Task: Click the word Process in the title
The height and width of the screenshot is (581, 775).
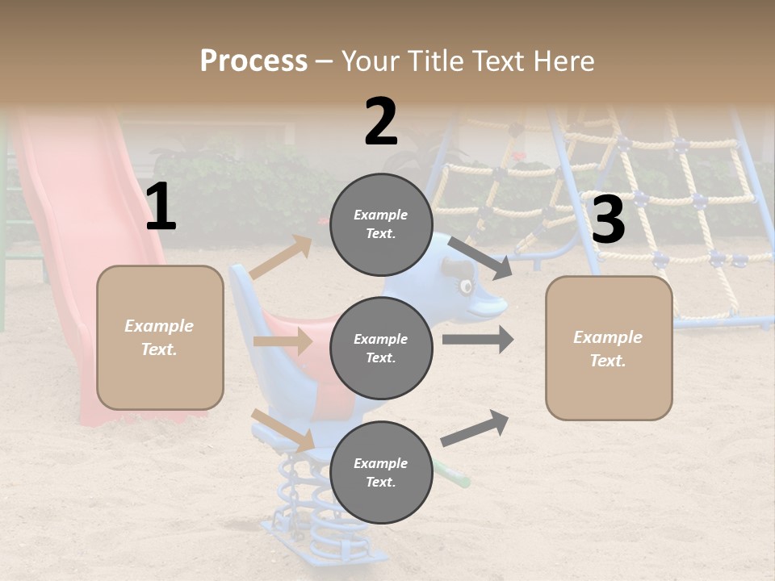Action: (x=253, y=61)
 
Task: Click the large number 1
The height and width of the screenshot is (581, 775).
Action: (x=161, y=207)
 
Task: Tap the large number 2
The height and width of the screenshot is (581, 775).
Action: (x=381, y=122)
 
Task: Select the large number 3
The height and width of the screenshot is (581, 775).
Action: (x=608, y=219)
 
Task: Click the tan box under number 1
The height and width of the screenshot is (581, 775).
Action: (x=160, y=337)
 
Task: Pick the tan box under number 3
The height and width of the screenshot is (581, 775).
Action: (x=609, y=348)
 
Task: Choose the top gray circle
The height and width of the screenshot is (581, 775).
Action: (x=381, y=224)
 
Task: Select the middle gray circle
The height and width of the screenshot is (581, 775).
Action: (x=381, y=348)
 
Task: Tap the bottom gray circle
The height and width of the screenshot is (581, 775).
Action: (x=381, y=472)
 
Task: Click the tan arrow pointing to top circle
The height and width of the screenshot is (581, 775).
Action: (x=281, y=257)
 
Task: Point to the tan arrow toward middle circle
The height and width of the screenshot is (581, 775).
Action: (x=283, y=341)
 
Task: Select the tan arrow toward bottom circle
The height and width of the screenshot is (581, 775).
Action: (x=283, y=430)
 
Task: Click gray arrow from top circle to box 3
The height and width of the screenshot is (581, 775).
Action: (x=480, y=257)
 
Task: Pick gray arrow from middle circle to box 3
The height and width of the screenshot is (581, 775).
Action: (x=478, y=339)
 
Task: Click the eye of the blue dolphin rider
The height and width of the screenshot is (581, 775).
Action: (x=466, y=286)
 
